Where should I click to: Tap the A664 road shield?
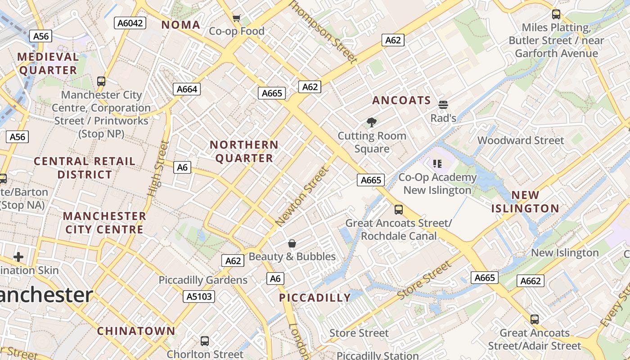(187, 89)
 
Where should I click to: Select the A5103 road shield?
(199, 296)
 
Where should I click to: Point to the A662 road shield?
(531, 281)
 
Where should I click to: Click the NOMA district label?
(181, 25)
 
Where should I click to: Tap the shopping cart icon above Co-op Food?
(236, 18)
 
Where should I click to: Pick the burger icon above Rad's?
(443, 105)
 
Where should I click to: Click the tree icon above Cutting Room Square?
(372, 122)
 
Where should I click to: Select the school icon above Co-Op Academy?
(437, 163)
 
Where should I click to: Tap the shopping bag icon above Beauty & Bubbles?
(292, 243)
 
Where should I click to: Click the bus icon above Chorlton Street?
(205, 341)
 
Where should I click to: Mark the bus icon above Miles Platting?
(556, 14)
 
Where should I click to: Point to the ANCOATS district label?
(402, 100)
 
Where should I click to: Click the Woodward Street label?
(520, 140)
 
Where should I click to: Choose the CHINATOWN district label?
(136, 331)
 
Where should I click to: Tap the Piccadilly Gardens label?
(203, 280)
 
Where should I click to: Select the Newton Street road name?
(302, 197)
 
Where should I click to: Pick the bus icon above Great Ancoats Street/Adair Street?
(535, 319)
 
